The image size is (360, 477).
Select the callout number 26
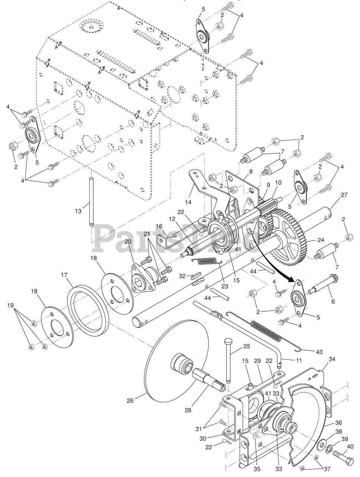[x=130, y=401]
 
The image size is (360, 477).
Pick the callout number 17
[x=64, y=275]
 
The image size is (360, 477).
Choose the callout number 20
[x=128, y=241]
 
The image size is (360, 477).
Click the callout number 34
[x=332, y=359]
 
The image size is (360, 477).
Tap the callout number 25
[x=246, y=346]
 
